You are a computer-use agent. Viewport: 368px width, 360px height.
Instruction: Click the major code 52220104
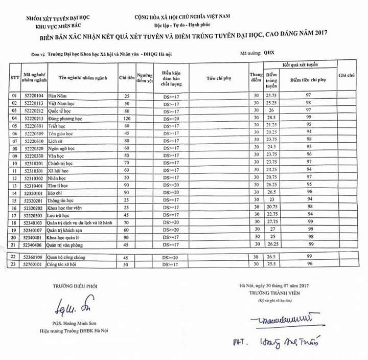click(34, 96)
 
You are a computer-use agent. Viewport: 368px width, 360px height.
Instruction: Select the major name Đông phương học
click(65, 118)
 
